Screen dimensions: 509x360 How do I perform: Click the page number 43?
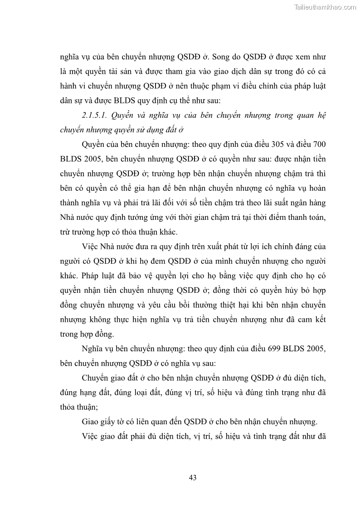pos(192,477)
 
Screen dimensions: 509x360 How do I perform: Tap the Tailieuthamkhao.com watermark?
pos(325,7)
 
